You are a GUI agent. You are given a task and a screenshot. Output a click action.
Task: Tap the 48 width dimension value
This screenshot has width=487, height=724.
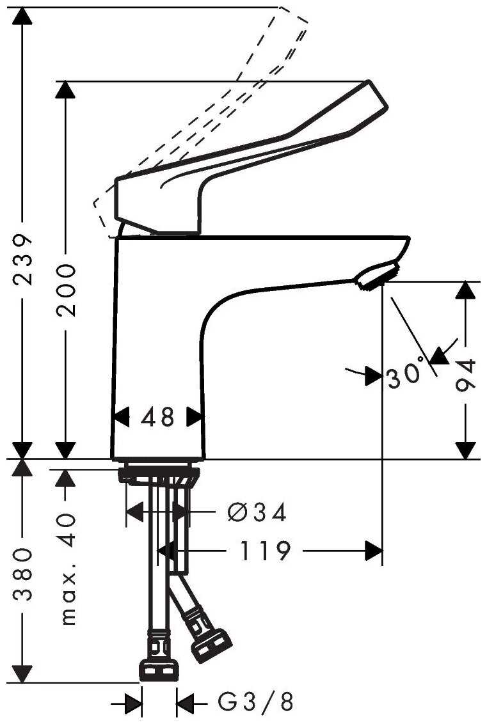(157, 418)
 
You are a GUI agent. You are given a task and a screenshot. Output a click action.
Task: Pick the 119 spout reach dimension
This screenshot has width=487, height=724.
(266, 550)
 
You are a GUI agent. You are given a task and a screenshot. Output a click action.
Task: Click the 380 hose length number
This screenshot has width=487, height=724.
(23, 575)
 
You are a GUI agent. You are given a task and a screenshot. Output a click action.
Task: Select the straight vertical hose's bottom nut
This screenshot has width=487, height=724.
(158, 668)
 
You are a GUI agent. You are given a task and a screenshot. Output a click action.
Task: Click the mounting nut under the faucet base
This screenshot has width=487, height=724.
(159, 475)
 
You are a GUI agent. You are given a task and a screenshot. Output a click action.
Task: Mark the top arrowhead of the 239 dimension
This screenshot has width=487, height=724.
(23, 15)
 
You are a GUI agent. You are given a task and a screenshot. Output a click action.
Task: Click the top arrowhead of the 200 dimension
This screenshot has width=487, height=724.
(65, 90)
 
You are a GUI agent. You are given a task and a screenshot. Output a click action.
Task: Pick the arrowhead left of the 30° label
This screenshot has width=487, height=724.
(373, 376)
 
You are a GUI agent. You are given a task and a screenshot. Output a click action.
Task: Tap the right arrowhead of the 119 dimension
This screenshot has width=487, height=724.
(374, 550)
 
